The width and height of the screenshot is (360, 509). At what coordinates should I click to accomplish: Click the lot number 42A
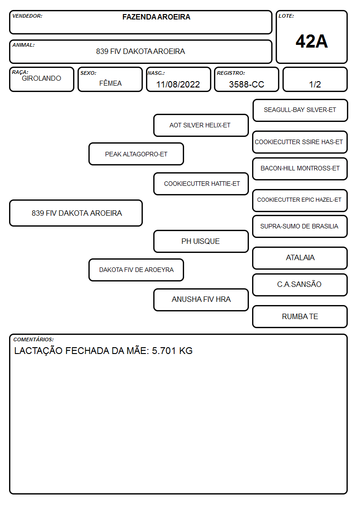coord(311,41)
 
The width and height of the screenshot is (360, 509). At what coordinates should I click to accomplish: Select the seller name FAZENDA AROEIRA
coord(156,17)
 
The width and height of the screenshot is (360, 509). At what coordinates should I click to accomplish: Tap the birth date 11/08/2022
coord(178,84)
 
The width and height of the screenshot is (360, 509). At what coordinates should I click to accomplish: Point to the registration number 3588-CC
coord(246,84)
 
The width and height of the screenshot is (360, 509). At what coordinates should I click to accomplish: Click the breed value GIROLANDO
coord(41,78)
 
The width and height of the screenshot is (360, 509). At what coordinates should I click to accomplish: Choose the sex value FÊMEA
coord(110,83)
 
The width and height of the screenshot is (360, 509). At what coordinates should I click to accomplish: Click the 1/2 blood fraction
coord(315,84)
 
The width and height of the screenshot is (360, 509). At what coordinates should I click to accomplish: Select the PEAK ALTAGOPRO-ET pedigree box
coord(136,154)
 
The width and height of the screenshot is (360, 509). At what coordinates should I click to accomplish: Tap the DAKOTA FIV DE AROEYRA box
coord(136,270)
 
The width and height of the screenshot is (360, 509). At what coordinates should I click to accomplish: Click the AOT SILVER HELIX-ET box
coord(201,125)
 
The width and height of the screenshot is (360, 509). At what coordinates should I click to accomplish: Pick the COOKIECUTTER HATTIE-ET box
coord(201,184)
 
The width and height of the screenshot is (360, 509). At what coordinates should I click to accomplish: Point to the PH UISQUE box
coord(201,241)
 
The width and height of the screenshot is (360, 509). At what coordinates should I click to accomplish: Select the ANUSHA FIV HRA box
coord(201,300)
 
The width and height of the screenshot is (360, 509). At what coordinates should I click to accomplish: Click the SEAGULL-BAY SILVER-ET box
coord(300,111)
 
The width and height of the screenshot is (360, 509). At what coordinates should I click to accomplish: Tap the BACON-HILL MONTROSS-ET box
coord(300,169)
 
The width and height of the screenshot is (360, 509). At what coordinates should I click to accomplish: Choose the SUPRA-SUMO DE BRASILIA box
coord(300,226)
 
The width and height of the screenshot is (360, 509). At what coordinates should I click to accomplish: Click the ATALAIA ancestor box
coord(300,258)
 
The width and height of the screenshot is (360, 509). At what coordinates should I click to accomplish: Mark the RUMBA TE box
coord(300,316)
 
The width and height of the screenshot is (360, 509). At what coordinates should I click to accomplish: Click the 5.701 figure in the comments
coord(164,351)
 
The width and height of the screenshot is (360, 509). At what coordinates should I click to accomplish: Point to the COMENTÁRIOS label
coord(34,339)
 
